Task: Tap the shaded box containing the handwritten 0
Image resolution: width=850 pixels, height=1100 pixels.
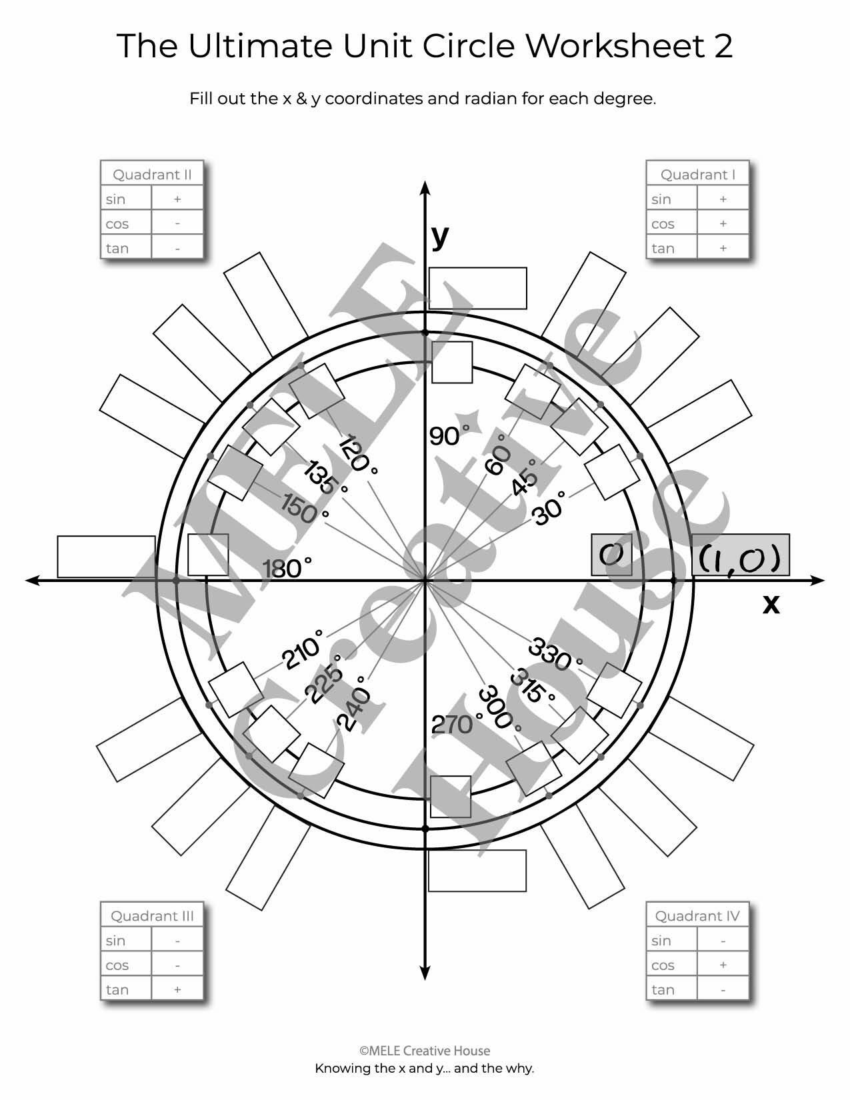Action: (611, 555)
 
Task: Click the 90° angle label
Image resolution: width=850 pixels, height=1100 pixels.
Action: (449, 435)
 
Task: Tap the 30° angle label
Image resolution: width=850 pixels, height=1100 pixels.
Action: (549, 508)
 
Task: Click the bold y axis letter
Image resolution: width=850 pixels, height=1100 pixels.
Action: (440, 236)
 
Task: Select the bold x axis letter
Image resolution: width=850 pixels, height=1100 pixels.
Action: (771, 604)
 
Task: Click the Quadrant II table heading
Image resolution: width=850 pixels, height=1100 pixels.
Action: (152, 174)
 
